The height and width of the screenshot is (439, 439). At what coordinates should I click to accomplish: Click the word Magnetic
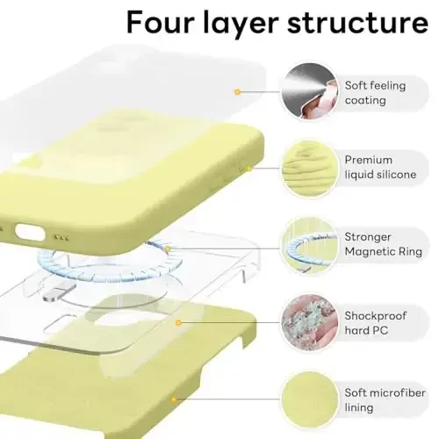coord(371,251)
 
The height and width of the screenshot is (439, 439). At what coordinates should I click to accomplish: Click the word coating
coord(365,100)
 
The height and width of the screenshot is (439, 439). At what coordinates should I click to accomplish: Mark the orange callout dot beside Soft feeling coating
coord(236,90)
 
